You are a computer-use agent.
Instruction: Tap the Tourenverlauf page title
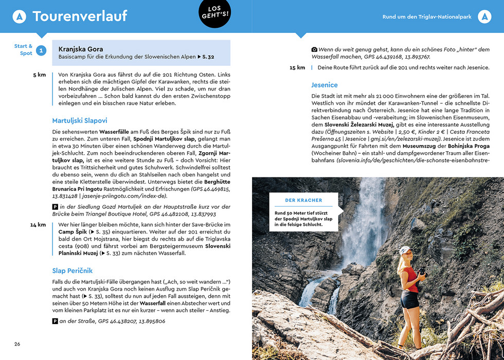coord(80,16)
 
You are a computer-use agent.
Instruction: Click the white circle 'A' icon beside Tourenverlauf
coord(19,17)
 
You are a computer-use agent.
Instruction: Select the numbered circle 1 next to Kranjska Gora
coord(41,50)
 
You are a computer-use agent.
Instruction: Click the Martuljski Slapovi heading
coord(80,120)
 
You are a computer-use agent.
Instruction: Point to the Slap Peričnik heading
coord(72,271)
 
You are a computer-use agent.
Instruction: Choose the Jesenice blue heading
coord(325,85)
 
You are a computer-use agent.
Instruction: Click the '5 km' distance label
coord(40,75)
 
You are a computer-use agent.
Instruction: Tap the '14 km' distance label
coord(38,225)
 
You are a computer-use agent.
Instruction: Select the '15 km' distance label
coord(297,68)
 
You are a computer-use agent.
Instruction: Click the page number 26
coord(17,344)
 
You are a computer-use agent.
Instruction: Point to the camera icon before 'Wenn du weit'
coord(314,49)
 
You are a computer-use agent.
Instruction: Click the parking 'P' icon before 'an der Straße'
coord(55,321)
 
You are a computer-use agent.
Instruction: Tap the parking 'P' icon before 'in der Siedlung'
coord(55,206)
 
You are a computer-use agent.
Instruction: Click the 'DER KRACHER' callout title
coord(303,200)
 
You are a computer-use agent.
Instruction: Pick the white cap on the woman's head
coord(405,250)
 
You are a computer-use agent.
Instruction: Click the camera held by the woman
coord(423,271)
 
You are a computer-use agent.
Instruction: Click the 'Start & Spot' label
coord(23,50)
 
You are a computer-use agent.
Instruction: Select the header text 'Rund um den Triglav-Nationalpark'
coord(427,17)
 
